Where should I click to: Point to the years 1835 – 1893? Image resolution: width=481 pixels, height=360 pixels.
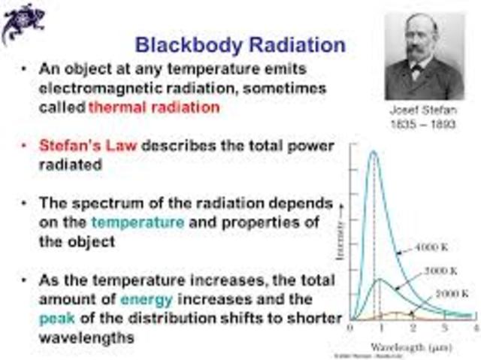point(424,124)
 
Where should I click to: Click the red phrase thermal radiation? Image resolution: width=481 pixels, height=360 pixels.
point(154,107)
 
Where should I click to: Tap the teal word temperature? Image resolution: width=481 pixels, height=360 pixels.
point(138,222)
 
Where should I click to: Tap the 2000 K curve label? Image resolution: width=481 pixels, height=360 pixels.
point(452,293)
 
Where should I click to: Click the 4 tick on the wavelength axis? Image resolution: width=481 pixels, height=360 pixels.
point(476,328)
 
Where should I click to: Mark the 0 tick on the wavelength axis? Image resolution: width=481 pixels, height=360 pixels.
point(351,328)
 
